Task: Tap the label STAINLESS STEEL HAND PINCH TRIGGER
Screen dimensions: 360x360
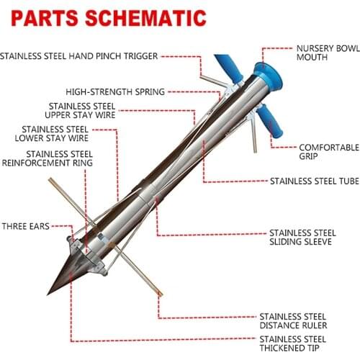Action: point(79,55)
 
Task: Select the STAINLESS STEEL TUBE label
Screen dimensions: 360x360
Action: point(313,181)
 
